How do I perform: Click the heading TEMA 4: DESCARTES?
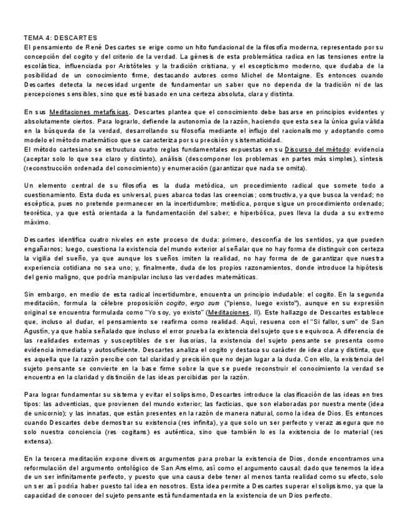click(x=60, y=38)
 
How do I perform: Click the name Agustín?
click(x=38, y=333)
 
